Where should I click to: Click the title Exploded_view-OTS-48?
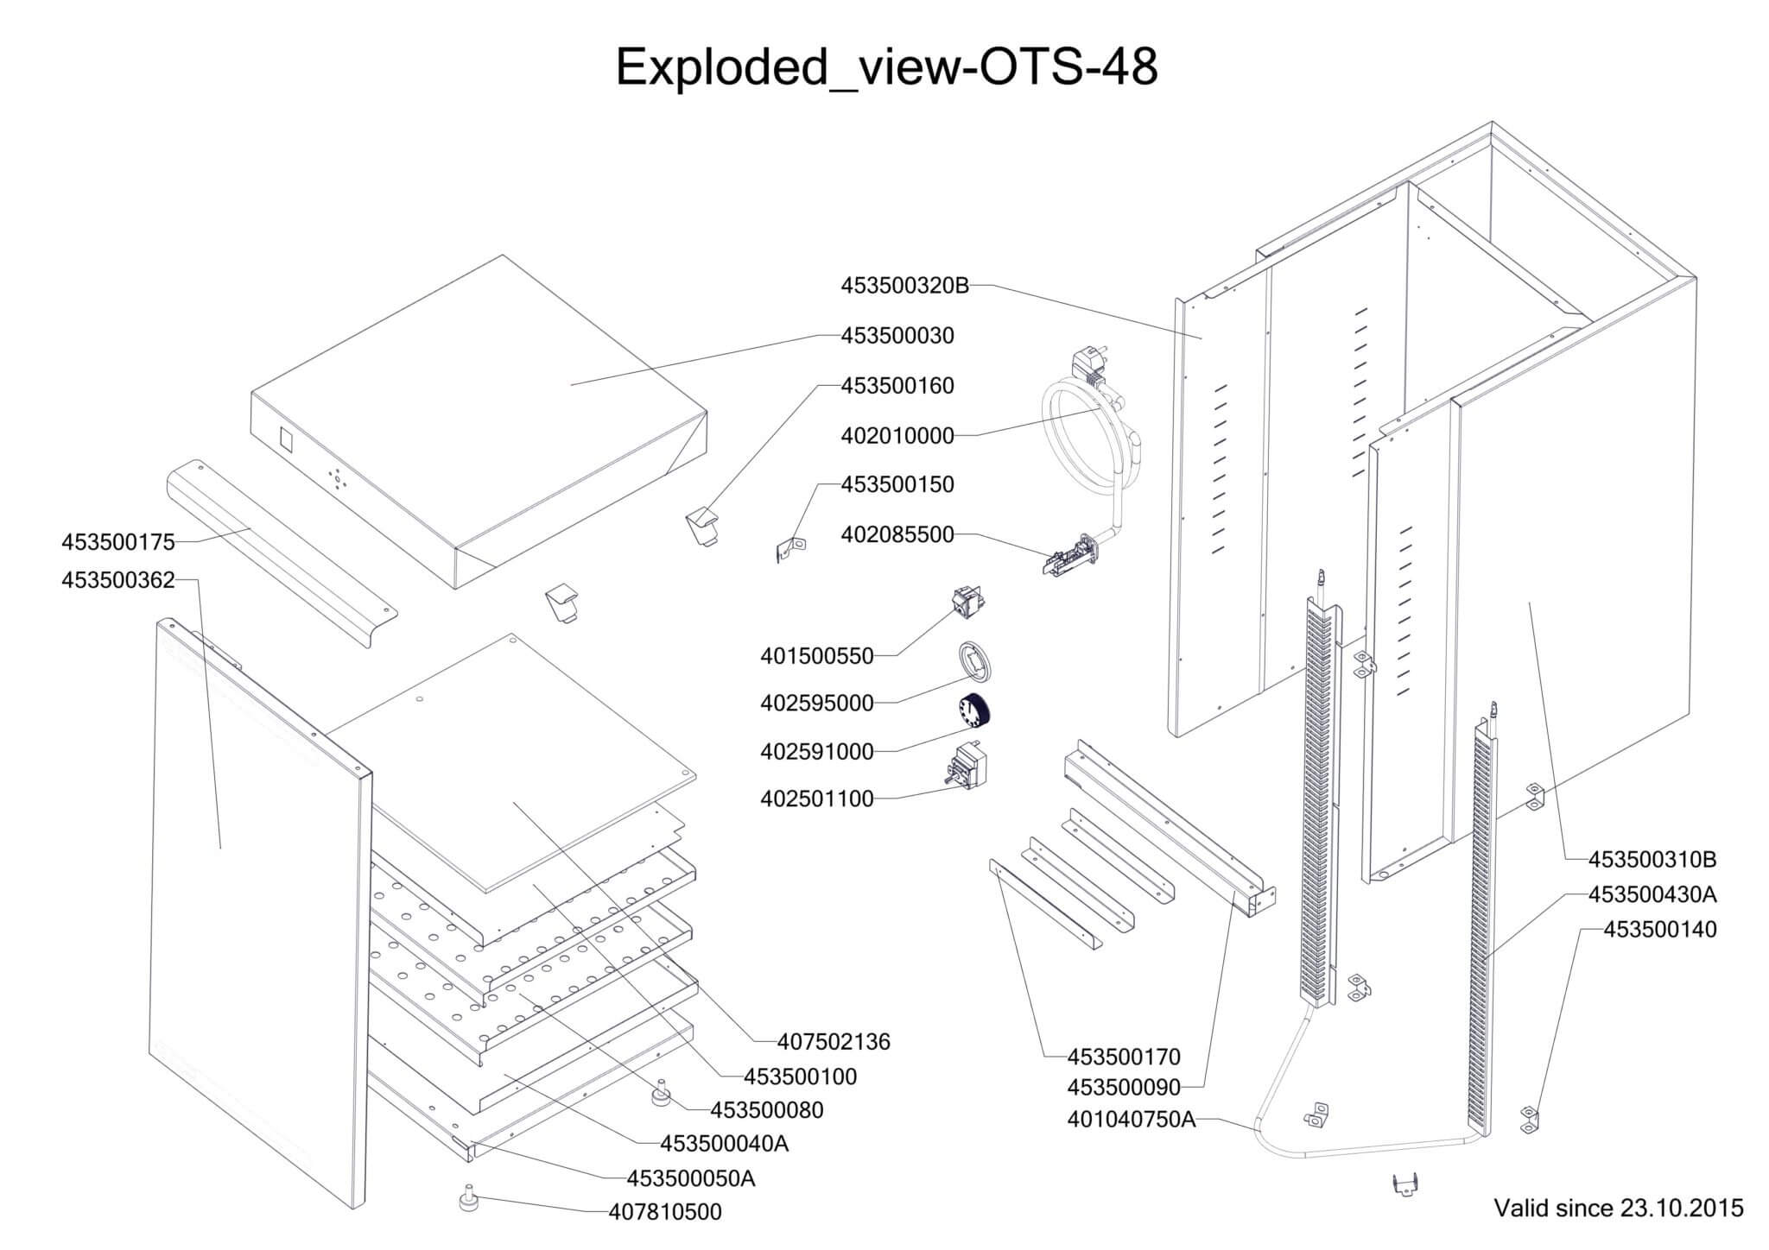point(886,66)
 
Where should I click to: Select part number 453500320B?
point(905,286)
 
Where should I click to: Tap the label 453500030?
point(897,336)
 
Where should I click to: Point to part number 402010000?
point(897,436)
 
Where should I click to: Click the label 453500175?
point(118,542)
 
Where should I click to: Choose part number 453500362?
point(118,580)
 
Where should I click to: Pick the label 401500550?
point(817,657)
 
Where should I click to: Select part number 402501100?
point(817,799)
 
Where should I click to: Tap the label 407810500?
point(665,1212)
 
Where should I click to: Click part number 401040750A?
point(1132,1120)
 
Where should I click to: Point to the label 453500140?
point(1660,930)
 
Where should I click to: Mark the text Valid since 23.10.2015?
point(1619,1208)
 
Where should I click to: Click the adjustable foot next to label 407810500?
point(469,1201)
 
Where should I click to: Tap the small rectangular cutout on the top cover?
point(288,442)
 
